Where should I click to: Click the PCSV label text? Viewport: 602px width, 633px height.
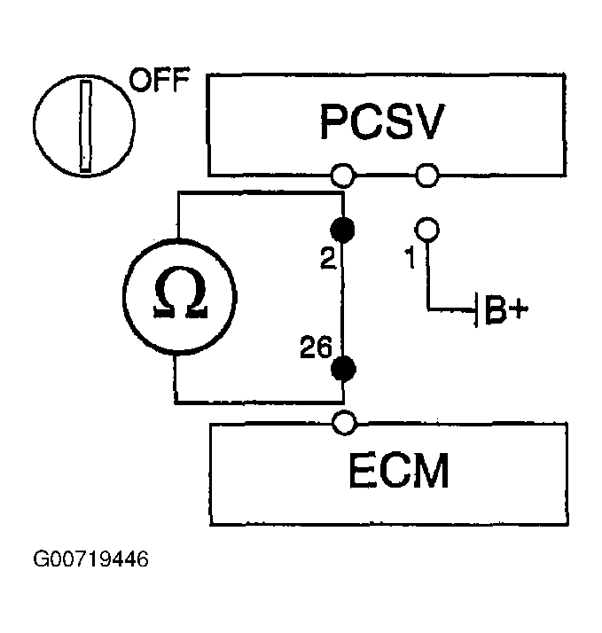[382, 122]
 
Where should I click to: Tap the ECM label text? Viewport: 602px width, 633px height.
[398, 471]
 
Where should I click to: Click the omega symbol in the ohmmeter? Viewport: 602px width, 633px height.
[180, 293]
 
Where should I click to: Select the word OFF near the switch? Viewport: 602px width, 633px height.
[159, 80]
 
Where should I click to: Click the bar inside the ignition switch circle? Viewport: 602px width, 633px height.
[86, 126]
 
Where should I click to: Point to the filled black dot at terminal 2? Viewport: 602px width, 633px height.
[342, 231]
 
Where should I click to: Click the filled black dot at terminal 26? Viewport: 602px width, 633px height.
[343, 369]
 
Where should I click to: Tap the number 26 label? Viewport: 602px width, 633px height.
[317, 347]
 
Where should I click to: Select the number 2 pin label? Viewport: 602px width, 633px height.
[328, 258]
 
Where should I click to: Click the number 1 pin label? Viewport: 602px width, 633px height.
[410, 258]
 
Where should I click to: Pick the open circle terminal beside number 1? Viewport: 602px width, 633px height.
[426, 230]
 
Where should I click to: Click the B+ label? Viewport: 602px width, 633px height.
[506, 310]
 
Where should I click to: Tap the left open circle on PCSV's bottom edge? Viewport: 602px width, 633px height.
[343, 176]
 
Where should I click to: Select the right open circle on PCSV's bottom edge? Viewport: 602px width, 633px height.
[426, 176]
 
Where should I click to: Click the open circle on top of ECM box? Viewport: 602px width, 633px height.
[344, 423]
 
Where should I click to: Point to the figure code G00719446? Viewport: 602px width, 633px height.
[90, 559]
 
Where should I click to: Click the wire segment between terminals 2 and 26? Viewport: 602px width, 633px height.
[343, 299]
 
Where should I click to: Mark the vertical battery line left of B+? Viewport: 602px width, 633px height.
[476, 310]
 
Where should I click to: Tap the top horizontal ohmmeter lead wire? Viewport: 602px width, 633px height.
[261, 194]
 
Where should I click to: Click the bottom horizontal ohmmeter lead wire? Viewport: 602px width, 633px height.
[259, 402]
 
